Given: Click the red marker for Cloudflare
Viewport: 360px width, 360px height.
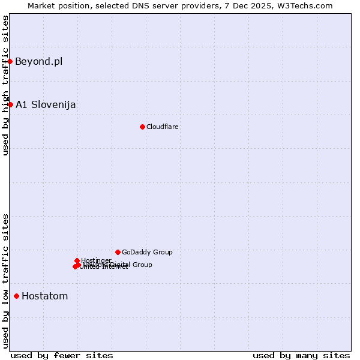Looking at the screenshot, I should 142,127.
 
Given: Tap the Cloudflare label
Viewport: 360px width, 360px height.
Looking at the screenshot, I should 163,127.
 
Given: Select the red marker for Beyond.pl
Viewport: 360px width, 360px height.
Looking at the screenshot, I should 10,61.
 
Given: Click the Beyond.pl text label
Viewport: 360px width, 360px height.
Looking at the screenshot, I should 38,61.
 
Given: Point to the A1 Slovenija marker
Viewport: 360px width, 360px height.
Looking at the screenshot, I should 10,104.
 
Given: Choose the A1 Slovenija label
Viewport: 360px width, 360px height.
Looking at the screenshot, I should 46,104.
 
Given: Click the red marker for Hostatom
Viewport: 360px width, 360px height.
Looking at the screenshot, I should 16,296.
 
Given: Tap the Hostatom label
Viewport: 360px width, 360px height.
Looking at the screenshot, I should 45,296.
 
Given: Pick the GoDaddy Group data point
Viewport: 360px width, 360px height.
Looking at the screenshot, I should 118,252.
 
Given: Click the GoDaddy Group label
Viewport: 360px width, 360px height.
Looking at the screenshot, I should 147,252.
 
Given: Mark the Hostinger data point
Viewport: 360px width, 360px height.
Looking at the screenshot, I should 77,260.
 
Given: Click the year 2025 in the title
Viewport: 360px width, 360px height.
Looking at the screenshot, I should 260,5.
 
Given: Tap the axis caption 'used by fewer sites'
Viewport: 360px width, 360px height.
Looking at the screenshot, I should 62,355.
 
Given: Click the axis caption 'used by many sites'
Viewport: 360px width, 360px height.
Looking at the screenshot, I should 301,355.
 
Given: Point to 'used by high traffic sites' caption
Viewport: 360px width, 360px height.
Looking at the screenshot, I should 5,85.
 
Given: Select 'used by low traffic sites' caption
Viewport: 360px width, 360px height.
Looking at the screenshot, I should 5,280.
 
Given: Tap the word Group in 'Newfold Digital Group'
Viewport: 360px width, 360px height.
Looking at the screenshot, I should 142,265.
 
